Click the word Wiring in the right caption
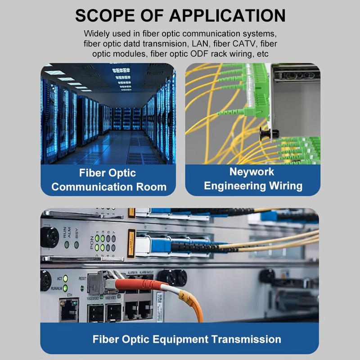(283, 185)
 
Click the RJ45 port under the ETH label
(69, 310)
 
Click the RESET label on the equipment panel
(82, 279)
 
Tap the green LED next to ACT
(65, 278)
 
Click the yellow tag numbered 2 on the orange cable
(159, 297)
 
